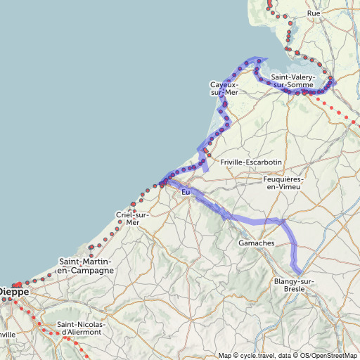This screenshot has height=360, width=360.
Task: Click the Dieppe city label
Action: [x=14, y=290]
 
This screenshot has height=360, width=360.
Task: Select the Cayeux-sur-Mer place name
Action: [x=225, y=89]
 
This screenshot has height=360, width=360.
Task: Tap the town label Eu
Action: [x=186, y=192]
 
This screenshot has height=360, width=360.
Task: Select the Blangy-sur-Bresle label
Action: [x=294, y=285]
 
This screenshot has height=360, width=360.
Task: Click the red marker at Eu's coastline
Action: [x=162, y=184]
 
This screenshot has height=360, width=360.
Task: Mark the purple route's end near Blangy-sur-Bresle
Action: [x=300, y=273]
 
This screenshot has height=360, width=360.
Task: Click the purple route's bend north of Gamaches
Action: [x=284, y=221]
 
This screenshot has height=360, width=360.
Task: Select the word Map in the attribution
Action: [x=224, y=355]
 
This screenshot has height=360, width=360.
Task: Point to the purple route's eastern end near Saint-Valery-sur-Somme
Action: [x=335, y=82]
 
